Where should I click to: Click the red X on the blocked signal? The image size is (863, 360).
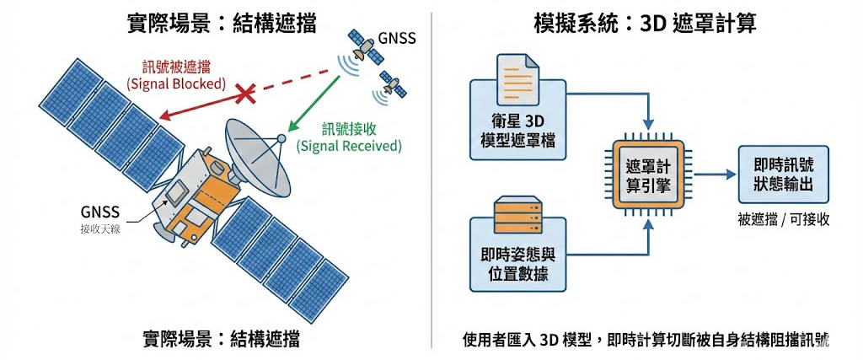pyautogui.click(x=245, y=93)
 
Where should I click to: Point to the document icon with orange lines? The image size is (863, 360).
pyautogui.click(x=516, y=81)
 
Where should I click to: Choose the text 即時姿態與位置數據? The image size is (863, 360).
pyautogui.click(x=516, y=264)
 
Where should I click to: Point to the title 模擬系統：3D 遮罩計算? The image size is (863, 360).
pyautogui.click(x=645, y=23)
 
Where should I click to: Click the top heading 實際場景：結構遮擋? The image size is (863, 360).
pyautogui.click(x=221, y=23)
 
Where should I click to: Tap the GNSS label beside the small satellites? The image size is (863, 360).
pyautogui.click(x=396, y=38)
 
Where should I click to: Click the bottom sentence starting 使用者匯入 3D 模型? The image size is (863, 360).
pyautogui.click(x=646, y=341)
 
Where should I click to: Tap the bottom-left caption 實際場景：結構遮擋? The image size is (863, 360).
pyautogui.click(x=221, y=340)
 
